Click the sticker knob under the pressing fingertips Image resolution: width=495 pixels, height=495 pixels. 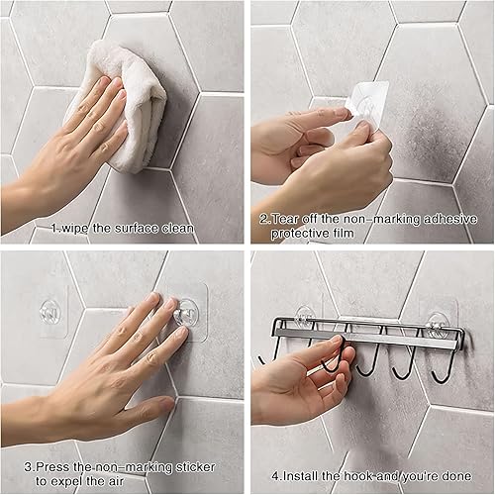click(178, 315)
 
